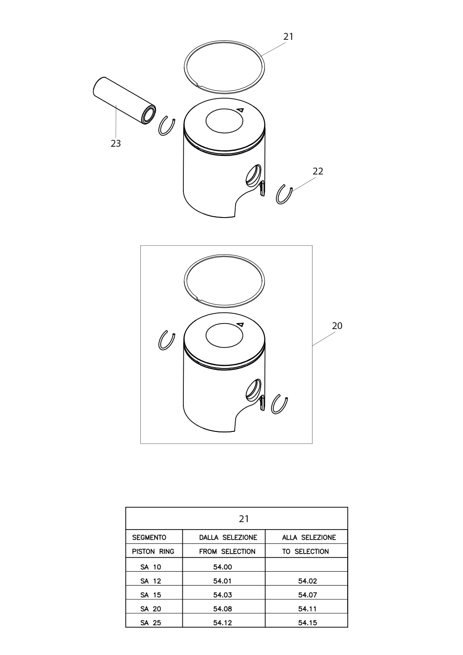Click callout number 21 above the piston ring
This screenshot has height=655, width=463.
point(288,37)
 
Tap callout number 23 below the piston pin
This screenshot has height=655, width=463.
point(116,143)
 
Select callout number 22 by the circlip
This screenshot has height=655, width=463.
point(318,171)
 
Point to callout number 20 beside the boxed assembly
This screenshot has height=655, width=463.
point(337,325)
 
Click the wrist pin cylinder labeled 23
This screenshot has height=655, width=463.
point(124,100)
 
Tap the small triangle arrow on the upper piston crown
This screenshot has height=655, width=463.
point(240,110)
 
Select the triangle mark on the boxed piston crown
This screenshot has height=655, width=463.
point(240,324)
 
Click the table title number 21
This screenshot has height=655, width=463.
point(244,519)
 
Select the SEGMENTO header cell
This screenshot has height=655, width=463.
point(149,537)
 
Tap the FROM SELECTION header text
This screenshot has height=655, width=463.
point(227,551)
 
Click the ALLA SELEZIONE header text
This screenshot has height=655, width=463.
point(309,537)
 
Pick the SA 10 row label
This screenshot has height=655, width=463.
point(150,567)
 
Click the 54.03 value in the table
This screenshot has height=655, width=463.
point(223,595)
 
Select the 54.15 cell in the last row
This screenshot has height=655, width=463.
point(308,623)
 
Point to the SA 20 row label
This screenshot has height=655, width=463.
point(150,609)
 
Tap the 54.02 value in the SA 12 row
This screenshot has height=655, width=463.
point(308,581)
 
